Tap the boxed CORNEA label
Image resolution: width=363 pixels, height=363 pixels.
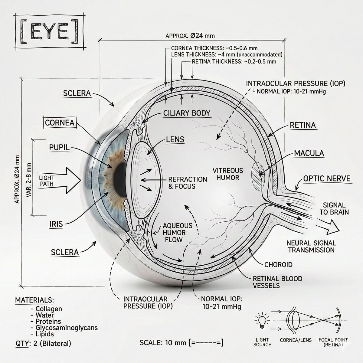pyautogui.click(x=60, y=123)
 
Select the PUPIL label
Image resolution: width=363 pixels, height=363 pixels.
pyautogui.click(x=59, y=147)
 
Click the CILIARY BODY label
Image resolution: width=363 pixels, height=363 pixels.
pyautogui.click(x=186, y=113)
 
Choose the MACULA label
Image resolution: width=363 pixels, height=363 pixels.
pyautogui.click(x=309, y=153)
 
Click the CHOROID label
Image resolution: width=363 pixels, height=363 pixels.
pyautogui.click(x=278, y=265)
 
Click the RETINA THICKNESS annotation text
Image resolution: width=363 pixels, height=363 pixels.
pyautogui.click(x=234, y=62)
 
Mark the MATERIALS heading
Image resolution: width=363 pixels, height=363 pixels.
pyautogui.click(x=34, y=300)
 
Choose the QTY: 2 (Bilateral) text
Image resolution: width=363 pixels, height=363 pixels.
pyautogui.click(x=43, y=343)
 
